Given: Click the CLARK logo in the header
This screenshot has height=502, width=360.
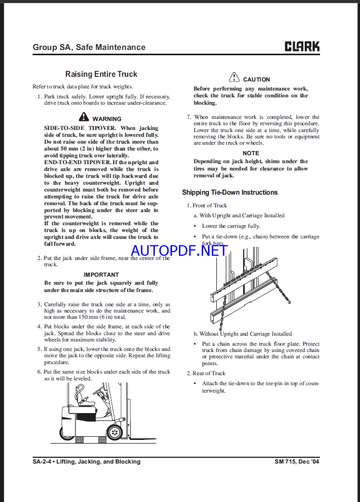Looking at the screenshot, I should pos(302,46).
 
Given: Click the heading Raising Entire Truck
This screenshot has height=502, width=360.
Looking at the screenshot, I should pos(101,75).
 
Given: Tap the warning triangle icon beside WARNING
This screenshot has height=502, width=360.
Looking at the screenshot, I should pos(84,118).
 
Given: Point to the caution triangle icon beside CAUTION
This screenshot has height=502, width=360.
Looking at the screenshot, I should pos(234,78).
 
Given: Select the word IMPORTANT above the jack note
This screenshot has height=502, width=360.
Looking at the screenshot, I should pos(101,275).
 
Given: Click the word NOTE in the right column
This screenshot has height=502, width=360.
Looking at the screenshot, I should pos(251,153).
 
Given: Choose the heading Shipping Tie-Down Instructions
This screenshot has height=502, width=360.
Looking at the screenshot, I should pos(229,193).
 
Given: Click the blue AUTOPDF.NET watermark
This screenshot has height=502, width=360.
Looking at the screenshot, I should pos(179,250).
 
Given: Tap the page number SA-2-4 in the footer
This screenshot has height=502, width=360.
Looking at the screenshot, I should pos(43,461).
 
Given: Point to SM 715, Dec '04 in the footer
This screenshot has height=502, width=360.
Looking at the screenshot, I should pos(297,461).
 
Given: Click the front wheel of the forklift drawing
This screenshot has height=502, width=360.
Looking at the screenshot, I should pos(114,432).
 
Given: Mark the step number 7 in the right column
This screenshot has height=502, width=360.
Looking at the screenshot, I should pos(189,117).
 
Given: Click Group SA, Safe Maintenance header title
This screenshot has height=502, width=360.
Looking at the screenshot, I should pos(89,47).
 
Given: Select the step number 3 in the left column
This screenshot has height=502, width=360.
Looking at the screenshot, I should pos(39,305).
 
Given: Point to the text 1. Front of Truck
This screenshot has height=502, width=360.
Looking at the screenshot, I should pos(207,205).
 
